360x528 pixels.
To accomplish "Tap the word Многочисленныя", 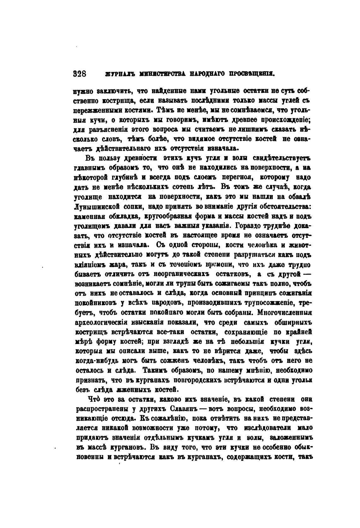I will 285,313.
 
